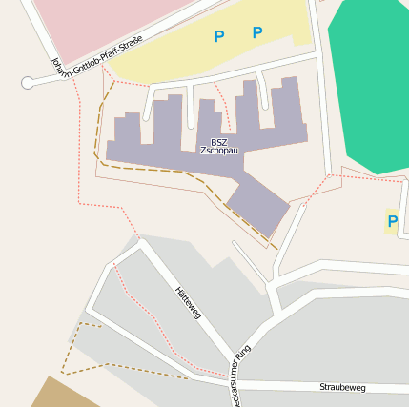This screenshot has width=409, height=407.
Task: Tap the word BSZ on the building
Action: point(219,141)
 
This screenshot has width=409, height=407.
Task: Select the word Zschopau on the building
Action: point(219,151)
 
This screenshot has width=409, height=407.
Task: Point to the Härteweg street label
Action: point(188,302)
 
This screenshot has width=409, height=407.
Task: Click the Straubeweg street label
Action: point(342,388)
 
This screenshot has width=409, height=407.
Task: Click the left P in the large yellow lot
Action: point(219,37)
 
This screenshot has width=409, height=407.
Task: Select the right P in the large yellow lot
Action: point(256,32)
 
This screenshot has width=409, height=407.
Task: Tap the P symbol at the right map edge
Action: point(392,222)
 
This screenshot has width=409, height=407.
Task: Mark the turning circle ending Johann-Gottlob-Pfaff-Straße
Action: point(28,83)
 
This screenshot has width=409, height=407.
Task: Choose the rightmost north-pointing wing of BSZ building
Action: point(287,105)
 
